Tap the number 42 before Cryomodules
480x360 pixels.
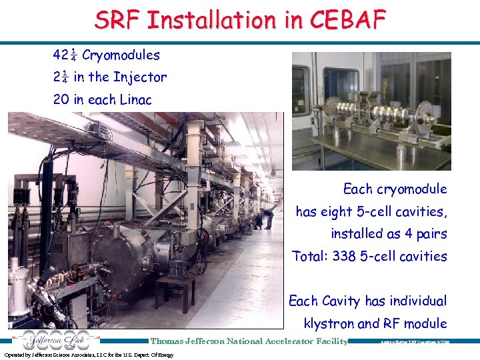[x=61, y=54]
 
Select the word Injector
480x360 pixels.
[x=140, y=77]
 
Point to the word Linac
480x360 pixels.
[x=136, y=100]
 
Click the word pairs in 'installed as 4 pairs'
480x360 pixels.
[x=428, y=234]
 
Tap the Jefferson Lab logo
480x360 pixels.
[x=50, y=340]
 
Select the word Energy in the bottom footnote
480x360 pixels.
[x=165, y=355]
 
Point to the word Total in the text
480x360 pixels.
[x=310, y=256]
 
